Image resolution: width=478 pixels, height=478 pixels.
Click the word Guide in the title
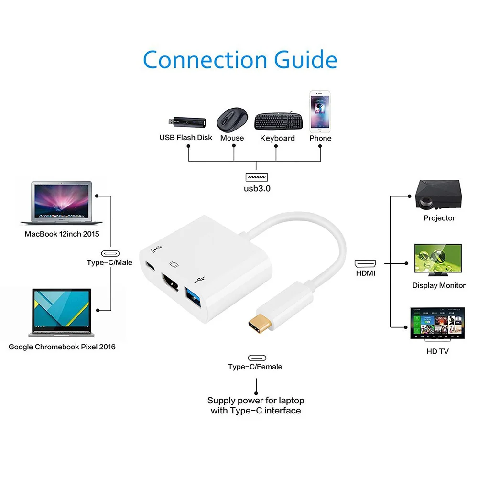(x=305, y=60)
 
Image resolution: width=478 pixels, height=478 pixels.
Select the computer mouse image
(x=232, y=119)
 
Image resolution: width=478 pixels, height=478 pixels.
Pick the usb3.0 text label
(x=257, y=188)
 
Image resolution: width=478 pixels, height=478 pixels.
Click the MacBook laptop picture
(x=56, y=203)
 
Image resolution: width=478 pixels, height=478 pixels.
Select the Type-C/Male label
(x=109, y=262)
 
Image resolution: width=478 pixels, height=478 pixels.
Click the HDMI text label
(x=365, y=273)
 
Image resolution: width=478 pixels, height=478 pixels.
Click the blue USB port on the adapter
(x=196, y=290)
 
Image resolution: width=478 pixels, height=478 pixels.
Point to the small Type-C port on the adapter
(x=151, y=266)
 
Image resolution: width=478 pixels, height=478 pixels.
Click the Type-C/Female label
(x=255, y=367)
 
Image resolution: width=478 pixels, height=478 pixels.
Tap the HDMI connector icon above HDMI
(x=365, y=262)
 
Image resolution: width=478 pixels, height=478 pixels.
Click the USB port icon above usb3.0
(x=257, y=176)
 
